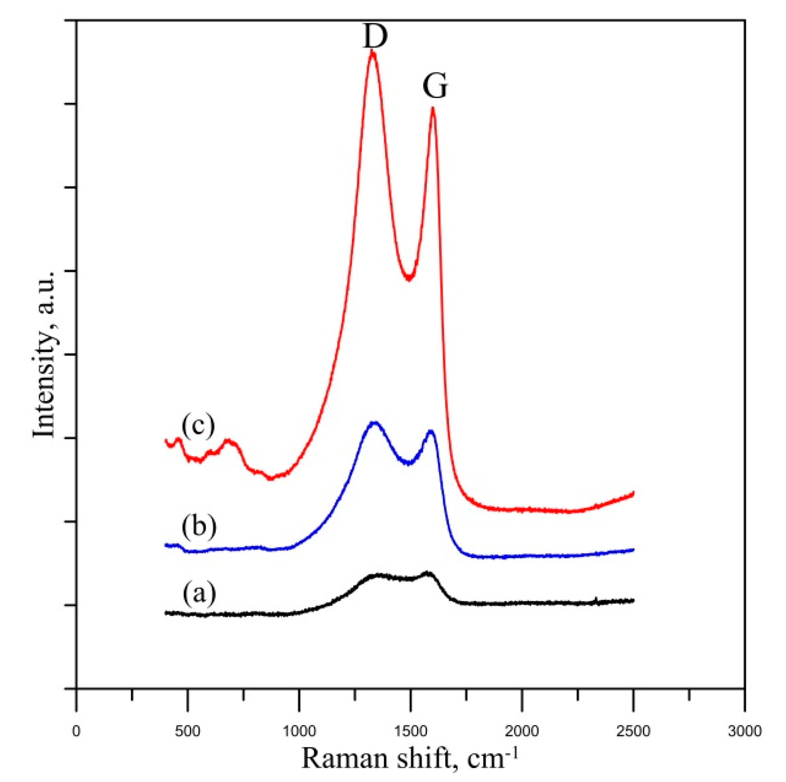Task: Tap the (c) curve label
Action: coord(198,425)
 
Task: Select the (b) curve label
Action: coord(199,526)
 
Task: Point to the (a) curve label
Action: coord(199,593)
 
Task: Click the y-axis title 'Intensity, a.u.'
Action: coord(45,355)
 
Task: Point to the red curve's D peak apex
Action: coord(373,52)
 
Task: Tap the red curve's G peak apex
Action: coord(433,108)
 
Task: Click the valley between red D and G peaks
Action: coord(409,279)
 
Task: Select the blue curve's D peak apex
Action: coord(374,423)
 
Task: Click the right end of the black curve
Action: coord(633,600)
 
